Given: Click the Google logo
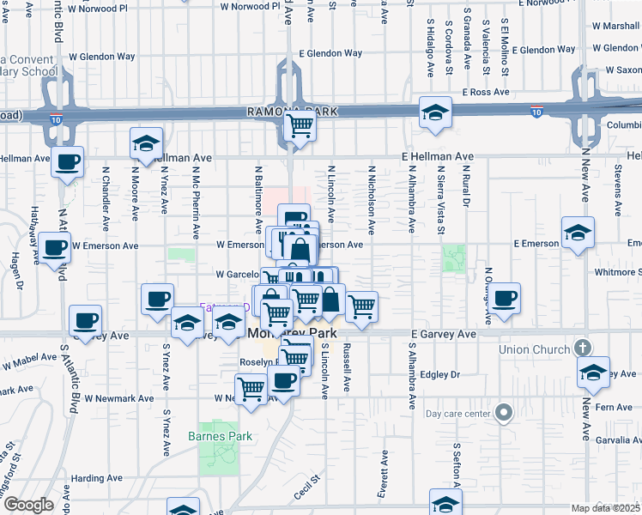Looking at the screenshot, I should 28,505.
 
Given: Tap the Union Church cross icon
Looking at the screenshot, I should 582,348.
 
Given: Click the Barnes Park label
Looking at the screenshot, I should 220,436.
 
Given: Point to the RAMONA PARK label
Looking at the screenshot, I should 292,112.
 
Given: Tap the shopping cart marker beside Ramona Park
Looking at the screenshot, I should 300,126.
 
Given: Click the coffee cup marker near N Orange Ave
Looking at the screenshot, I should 506,299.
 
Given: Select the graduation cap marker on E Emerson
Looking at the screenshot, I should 578,233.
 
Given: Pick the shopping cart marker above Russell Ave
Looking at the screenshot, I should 362,306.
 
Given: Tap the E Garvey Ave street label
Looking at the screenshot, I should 443,334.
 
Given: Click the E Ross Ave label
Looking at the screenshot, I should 486,92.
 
